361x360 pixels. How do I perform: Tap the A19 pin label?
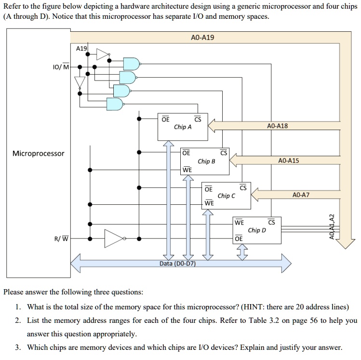click(x=82, y=48)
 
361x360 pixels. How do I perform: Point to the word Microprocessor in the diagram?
click(x=38, y=153)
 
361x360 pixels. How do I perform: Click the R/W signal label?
click(x=62, y=238)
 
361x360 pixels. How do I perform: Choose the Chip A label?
click(x=183, y=127)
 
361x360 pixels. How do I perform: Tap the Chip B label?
click(x=206, y=161)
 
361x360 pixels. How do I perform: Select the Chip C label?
click(x=227, y=196)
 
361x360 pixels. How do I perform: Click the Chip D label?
click(x=257, y=230)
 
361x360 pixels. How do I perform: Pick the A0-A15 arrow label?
click(x=289, y=160)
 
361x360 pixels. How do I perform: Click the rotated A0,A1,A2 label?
click(x=331, y=227)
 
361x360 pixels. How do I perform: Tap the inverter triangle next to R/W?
click(x=113, y=238)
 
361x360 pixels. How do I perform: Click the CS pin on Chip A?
click(x=197, y=119)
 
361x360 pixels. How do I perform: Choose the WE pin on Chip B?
click(x=187, y=170)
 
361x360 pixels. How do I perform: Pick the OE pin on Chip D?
click(x=238, y=239)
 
